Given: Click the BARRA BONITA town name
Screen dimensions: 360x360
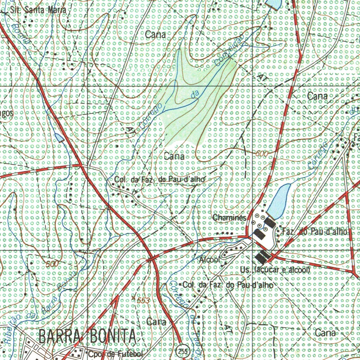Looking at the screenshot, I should pyautogui.click(x=87, y=336).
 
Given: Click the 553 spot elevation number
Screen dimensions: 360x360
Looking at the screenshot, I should pyautogui.click(x=143, y=301).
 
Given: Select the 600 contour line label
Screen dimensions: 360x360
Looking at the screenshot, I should pyautogui.click(x=262, y=154).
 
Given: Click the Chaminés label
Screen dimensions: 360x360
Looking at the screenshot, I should pyautogui.click(x=229, y=218).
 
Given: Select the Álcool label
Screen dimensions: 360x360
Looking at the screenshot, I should pyautogui.click(x=210, y=260).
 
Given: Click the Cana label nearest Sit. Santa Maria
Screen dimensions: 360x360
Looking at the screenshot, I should pyautogui.click(x=155, y=34).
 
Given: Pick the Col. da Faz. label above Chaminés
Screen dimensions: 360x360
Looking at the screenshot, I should pyautogui.click(x=159, y=180).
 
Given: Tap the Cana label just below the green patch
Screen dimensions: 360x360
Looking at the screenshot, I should pyautogui.click(x=174, y=156).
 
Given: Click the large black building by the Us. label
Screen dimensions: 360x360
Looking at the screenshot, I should pyautogui.click(x=262, y=257).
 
